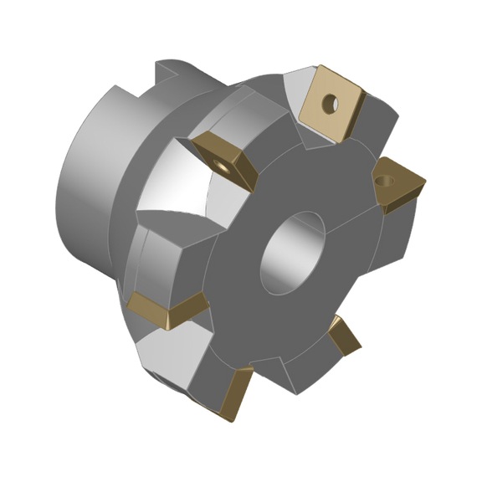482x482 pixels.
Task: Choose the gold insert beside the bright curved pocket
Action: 223,158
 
